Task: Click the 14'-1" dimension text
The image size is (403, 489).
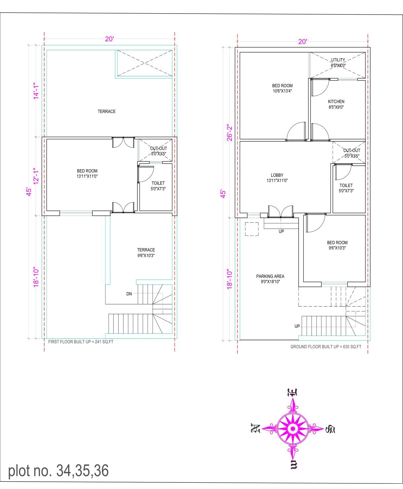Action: click(x=36, y=91)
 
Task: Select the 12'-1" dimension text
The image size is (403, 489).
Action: click(x=36, y=176)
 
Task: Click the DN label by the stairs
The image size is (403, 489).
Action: click(x=129, y=294)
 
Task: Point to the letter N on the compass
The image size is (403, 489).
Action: click(x=255, y=428)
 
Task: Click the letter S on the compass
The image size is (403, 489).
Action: click(x=330, y=429)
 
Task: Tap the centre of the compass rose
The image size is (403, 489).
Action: click(x=292, y=429)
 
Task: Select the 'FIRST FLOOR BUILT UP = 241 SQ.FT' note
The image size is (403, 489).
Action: click(x=81, y=342)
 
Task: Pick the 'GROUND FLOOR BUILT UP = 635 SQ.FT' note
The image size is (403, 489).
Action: click(x=326, y=347)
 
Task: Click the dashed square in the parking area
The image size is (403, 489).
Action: click(x=252, y=229)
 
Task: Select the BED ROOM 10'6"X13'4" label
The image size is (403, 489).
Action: click(x=282, y=88)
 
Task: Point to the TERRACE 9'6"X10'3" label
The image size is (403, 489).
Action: click(x=146, y=253)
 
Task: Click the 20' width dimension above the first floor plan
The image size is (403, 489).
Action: click(x=109, y=39)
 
